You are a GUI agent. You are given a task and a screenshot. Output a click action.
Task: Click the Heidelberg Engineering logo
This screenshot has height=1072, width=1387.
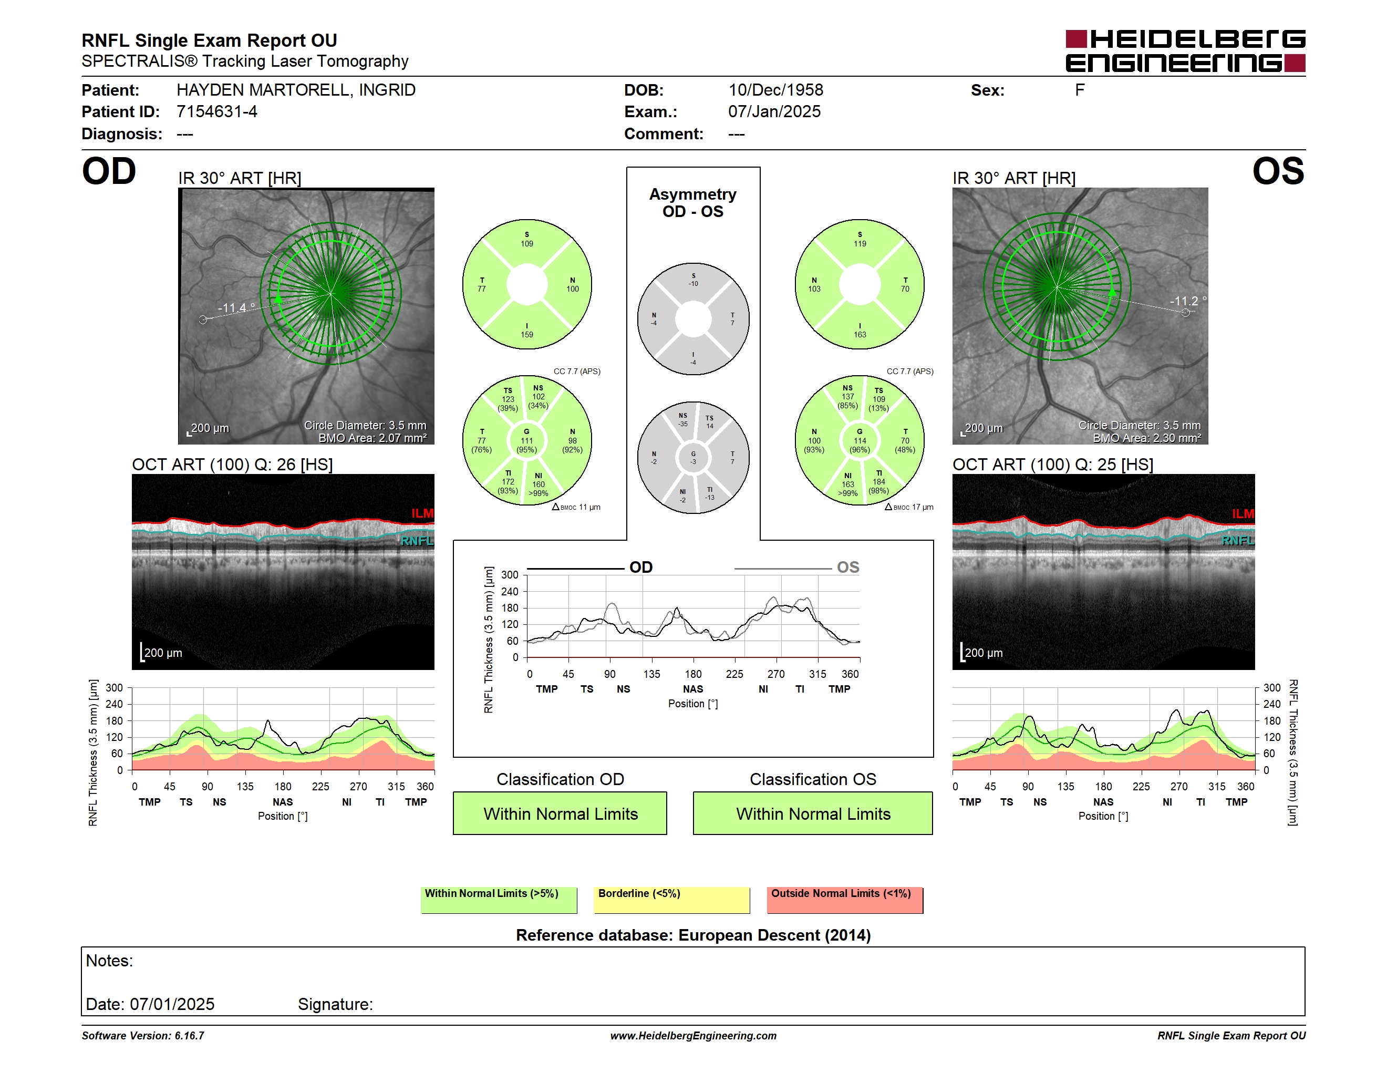click(x=1185, y=51)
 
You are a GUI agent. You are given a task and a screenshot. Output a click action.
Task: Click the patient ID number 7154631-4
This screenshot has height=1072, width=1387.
click(x=216, y=112)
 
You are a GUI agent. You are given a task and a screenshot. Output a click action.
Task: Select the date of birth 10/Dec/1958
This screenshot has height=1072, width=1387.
click(x=775, y=90)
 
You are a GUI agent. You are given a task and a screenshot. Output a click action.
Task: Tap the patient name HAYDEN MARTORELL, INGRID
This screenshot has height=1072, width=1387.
click(x=296, y=90)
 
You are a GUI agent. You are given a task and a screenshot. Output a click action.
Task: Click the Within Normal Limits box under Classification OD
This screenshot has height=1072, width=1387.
click(x=560, y=813)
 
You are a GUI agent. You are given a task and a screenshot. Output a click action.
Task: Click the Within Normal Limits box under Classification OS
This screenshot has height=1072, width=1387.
click(x=813, y=813)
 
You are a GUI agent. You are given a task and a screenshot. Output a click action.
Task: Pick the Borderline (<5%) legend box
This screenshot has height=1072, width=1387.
click(x=672, y=900)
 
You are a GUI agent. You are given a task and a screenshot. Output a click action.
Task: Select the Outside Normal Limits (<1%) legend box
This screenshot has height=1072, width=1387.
click(x=845, y=900)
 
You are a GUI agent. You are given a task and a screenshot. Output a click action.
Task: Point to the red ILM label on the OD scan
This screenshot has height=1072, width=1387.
click(x=422, y=513)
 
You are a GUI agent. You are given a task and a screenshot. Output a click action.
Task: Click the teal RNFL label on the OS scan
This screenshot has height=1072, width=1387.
click(x=1238, y=540)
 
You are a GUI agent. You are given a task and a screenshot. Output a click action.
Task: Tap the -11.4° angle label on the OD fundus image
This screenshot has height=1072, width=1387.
click(x=236, y=308)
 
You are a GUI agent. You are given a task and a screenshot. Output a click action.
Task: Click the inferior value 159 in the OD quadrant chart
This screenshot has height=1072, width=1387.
click(x=527, y=335)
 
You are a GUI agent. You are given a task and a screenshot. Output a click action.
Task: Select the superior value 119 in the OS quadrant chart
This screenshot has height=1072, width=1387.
click(x=860, y=244)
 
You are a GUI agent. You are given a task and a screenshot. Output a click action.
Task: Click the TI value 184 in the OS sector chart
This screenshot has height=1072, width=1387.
click(x=879, y=482)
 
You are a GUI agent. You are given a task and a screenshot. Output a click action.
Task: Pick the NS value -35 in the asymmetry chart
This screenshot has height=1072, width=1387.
click(x=682, y=424)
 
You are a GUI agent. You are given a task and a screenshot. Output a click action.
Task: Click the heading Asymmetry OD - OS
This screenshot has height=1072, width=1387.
click(x=693, y=203)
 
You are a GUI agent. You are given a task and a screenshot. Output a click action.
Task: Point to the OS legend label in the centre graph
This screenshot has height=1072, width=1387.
click(x=848, y=567)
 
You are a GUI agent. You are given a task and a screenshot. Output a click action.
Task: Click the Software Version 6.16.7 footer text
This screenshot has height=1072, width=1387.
click(x=143, y=1036)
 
